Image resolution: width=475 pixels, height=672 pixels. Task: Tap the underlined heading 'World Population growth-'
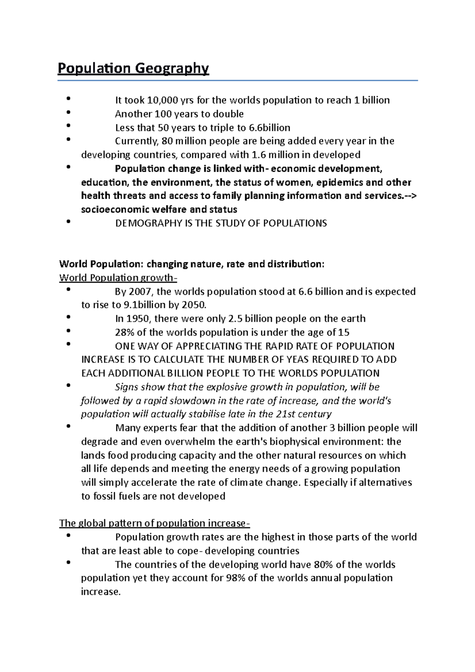(x=118, y=278)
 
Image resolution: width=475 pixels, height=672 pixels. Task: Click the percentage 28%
(x=124, y=332)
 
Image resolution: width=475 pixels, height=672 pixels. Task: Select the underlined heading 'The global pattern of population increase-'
(x=154, y=524)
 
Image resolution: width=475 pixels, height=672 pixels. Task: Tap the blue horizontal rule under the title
(x=237, y=81)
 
